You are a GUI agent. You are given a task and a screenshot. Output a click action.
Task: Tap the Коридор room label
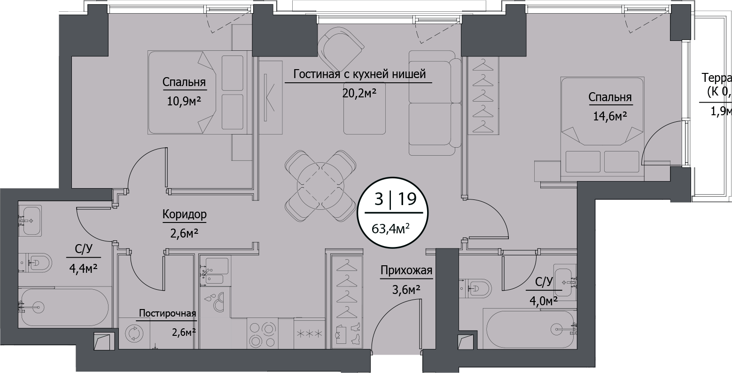pos(184,215)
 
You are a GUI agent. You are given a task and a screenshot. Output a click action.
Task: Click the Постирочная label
pos(167,314)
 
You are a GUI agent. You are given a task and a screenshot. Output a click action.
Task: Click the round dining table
pos(319,185)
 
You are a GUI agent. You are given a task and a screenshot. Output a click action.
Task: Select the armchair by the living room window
pos(341,48)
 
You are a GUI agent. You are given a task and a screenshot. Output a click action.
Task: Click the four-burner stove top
pos(261,333)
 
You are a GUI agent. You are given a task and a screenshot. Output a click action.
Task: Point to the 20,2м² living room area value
pos(359,93)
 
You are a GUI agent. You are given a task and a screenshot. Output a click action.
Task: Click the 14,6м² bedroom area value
pos(610,115)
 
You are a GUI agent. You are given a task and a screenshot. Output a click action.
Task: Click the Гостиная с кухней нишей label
pos(359,74)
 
